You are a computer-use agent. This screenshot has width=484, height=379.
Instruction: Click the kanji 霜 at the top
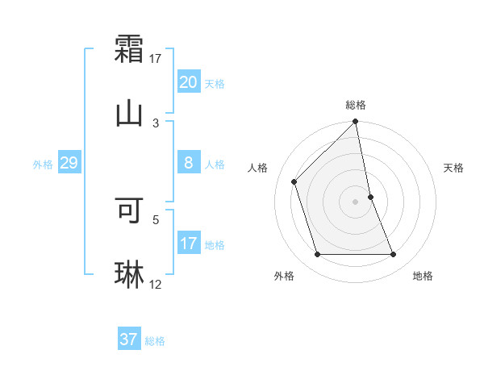coord(129,47)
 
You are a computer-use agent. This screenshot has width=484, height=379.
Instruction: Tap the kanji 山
coord(129,113)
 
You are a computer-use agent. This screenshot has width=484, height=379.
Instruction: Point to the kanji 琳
coord(129,275)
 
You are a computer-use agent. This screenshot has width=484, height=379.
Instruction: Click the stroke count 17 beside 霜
coord(156,58)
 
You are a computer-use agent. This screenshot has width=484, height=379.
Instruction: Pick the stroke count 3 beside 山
coord(156,123)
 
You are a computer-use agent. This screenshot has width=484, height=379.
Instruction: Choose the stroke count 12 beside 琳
coord(156,285)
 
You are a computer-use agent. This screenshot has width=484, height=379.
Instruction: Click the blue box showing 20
coord(189,82)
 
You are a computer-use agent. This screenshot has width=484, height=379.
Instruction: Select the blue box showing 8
coord(189,163)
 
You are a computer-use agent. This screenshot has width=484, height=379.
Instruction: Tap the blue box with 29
coord(69,163)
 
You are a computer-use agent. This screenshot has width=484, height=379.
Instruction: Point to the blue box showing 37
coord(129,339)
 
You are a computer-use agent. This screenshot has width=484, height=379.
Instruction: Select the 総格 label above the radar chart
coord(356,105)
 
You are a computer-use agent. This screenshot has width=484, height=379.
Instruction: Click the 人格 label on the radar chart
coord(258,168)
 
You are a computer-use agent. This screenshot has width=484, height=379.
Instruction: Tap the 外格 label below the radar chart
coord(284,276)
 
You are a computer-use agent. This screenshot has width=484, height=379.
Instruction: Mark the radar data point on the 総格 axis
coord(356,123)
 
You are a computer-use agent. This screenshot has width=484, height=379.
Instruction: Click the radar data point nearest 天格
coord(370,197)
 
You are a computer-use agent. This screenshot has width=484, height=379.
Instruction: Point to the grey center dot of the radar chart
coord(356,202)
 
